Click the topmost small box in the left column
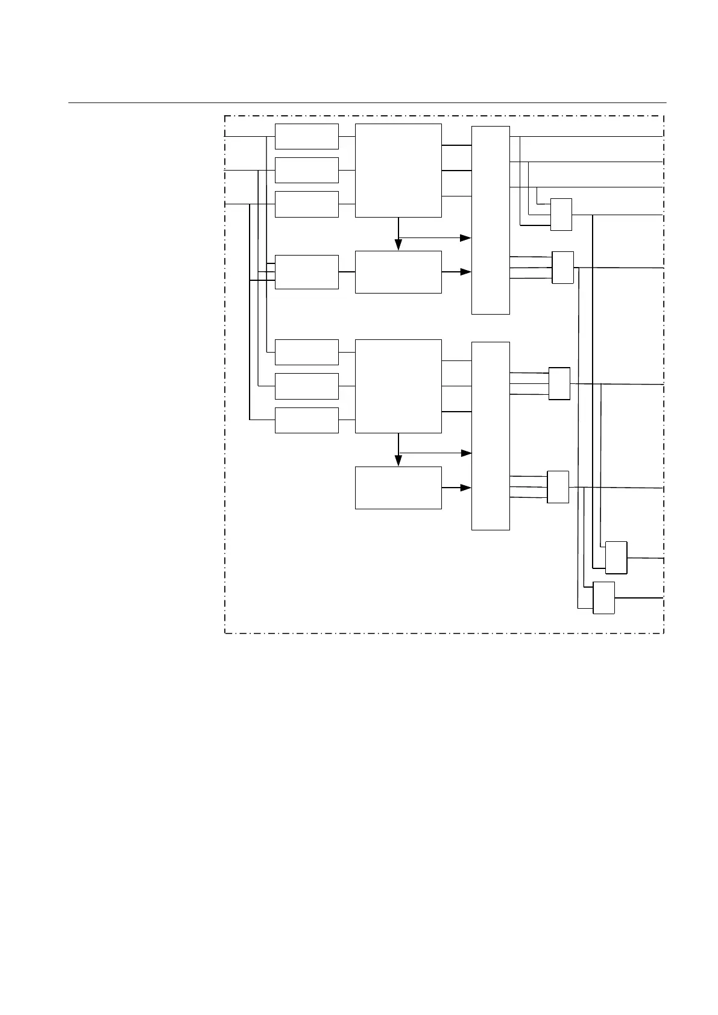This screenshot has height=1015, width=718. [306, 136]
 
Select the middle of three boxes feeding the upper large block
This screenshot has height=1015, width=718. [306, 170]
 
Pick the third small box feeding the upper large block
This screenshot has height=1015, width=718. [306, 204]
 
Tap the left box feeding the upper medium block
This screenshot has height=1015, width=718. [306, 272]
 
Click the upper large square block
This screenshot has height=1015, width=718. [398, 170]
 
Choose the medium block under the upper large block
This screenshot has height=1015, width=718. [398, 272]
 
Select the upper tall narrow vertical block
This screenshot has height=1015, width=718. [490, 220]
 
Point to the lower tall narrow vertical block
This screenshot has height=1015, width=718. [490, 436]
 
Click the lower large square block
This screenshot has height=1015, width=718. [398, 386]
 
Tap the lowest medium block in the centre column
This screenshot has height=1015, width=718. [398, 488]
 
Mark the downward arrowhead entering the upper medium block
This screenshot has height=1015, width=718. [398, 245]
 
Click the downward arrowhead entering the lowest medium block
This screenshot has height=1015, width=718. [398, 460]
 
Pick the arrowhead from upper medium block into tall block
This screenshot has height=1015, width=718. [465, 272]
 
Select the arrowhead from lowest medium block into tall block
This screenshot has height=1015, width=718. [465, 488]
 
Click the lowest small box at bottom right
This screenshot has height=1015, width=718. [603, 598]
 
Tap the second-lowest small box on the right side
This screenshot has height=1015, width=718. [616, 558]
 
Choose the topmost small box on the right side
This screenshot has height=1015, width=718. [561, 214]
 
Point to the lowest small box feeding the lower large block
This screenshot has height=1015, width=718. [306, 420]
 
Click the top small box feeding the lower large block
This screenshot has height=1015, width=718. [306, 352]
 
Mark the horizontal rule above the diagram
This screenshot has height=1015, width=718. [367, 102]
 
